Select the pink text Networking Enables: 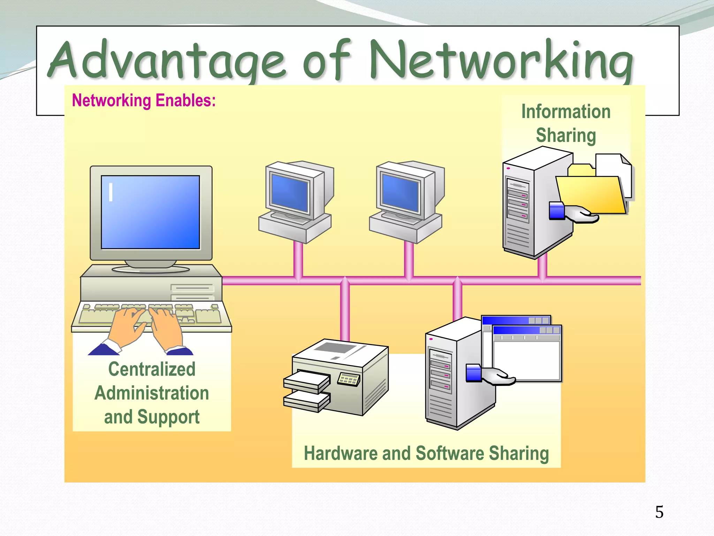144,100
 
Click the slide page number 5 659,512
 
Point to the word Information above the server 566,112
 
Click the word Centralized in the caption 152,369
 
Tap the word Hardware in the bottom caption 340,453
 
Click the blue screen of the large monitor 150,212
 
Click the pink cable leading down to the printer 344,311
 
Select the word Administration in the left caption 152,393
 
